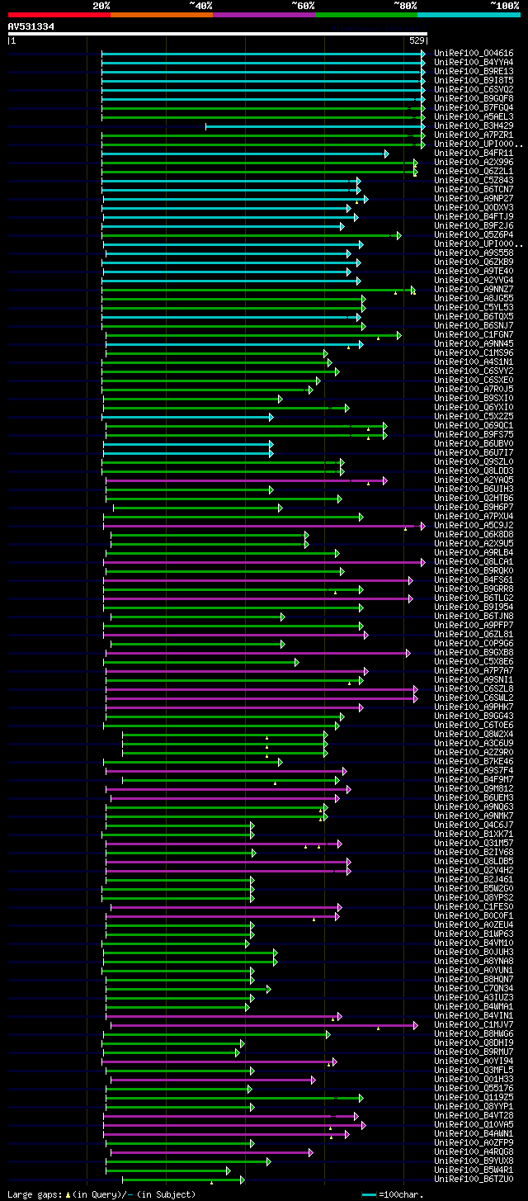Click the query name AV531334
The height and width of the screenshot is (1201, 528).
point(31,26)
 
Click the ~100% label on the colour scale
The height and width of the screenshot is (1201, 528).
point(504,5)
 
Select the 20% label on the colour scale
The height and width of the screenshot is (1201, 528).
point(101,5)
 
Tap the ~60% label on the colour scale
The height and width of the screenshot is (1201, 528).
point(303,5)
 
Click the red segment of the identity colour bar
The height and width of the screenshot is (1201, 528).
point(59,14)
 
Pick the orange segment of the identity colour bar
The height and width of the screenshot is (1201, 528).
point(161,14)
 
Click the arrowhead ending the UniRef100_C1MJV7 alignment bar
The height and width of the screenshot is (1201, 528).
point(416,1024)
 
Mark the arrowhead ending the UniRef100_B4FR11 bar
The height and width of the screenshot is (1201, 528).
point(386,154)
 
